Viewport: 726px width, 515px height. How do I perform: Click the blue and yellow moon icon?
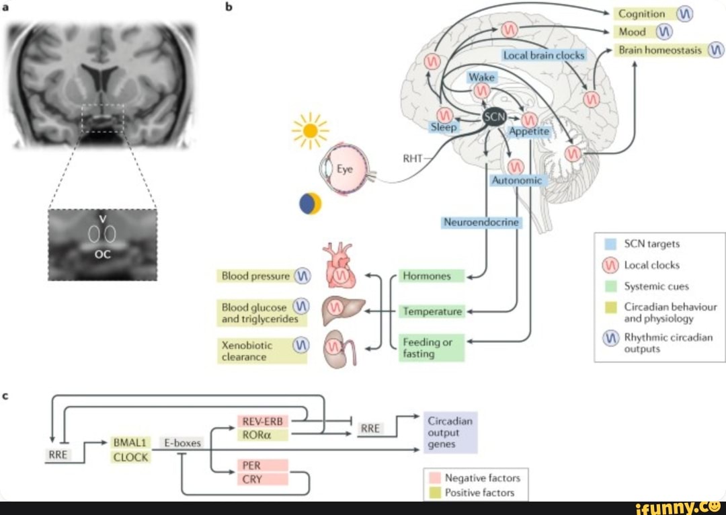pos(311,204)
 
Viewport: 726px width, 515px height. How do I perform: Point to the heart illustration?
pos(341,268)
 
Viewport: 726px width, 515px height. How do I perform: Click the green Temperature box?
pos(432,311)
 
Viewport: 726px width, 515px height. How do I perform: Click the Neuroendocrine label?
pos(481,222)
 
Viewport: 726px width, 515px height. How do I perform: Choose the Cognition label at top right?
pos(641,13)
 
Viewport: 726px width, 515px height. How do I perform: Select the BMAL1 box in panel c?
pos(130,442)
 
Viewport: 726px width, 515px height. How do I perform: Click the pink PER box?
pos(263,465)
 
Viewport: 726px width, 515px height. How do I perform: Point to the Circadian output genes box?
pos(450,432)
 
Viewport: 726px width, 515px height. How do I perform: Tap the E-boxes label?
pos(182,442)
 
